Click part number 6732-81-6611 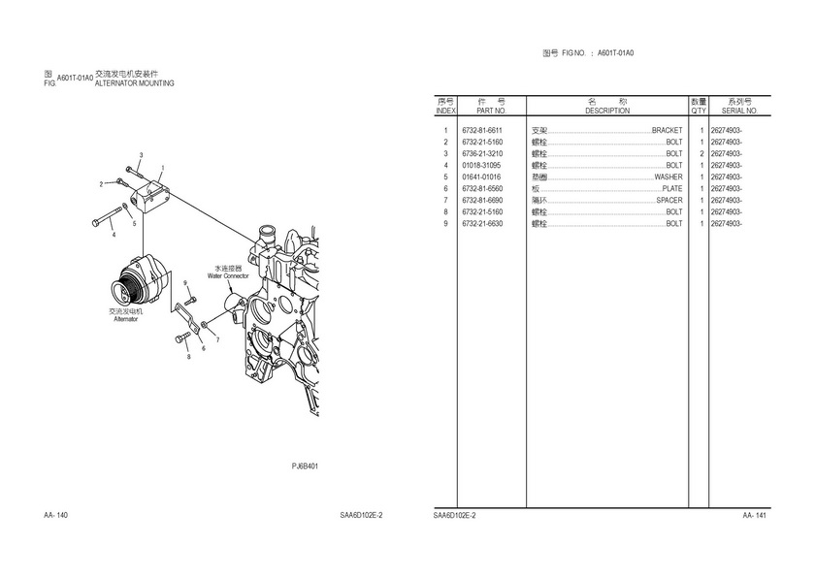tap(482, 131)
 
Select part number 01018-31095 tap(482, 166)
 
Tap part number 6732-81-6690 tap(482, 201)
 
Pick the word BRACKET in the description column tap(667, 131)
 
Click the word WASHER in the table tap(668, 177)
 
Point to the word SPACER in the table tap(669, 201)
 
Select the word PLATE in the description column tap(671, 189)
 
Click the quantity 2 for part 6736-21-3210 tap(701, 154)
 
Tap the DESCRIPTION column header tap(607, 112)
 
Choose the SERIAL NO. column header tap(739, 112)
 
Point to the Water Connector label tap(228, 275)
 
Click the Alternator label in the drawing tap(126, 319)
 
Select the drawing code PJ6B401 tap(306, 466)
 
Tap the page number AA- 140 tap(56, 515)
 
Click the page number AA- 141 tap(755, 515)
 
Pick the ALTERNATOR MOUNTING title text tap(135, 84)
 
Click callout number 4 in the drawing tap(114, 234)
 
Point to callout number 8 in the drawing tap(188, 357)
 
